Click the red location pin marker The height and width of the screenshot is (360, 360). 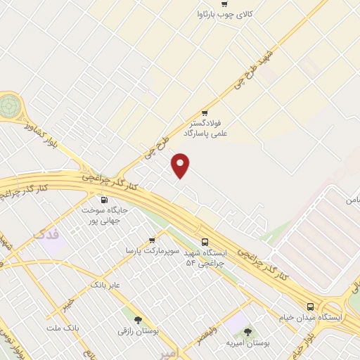181,166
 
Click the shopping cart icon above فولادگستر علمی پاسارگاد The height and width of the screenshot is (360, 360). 205,112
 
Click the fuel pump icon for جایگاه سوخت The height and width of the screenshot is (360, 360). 105,200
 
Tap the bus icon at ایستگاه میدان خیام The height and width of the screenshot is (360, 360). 310,306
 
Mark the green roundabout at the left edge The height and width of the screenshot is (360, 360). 9,106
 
